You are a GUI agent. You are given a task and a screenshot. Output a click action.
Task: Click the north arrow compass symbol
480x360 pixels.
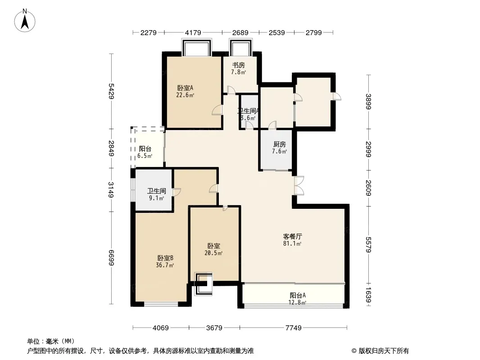[25, 21]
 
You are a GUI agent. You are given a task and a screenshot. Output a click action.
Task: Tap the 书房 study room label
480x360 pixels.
[239, 65]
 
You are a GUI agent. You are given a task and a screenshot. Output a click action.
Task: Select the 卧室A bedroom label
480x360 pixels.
[185, 88]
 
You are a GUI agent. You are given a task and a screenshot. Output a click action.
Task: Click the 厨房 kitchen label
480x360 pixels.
[280, 144]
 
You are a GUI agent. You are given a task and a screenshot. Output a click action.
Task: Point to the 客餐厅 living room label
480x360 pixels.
[292, 236]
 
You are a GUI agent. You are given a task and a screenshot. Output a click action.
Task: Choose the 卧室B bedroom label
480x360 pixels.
[165, 258]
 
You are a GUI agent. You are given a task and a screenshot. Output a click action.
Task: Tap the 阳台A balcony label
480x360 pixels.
[298, 296]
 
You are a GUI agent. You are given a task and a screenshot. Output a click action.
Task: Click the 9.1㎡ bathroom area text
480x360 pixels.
[156, 198]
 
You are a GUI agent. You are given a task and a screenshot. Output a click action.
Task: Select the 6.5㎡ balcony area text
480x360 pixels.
[145, 156]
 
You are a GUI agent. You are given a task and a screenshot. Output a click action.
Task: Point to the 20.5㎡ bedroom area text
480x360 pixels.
[213, 253]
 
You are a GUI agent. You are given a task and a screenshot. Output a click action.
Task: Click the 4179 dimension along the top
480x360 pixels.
[193, 32]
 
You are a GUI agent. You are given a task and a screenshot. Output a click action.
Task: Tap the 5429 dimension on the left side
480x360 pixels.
[111, 91]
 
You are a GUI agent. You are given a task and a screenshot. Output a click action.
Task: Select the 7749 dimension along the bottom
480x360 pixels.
[293, 328]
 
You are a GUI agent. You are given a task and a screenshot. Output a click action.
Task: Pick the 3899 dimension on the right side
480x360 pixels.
[368, 102]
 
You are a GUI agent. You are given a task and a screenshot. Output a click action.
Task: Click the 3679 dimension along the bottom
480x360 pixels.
[214, 328]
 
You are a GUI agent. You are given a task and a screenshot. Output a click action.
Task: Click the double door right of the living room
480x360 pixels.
[299, 186]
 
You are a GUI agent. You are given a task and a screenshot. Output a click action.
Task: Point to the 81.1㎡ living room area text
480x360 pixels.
[292, 244]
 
